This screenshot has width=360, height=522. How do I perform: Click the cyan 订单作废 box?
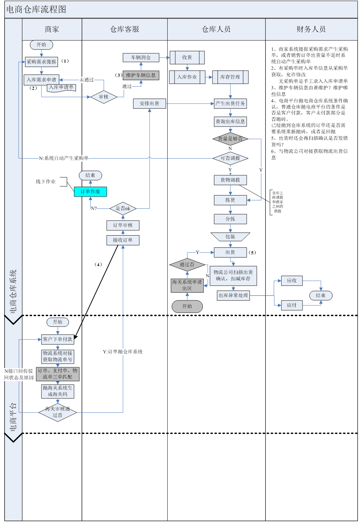(90, 192)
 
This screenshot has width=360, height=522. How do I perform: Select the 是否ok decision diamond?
(123, 208)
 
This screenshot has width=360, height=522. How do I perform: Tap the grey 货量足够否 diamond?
(230, 139)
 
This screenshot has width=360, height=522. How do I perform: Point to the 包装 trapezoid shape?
(230, 237)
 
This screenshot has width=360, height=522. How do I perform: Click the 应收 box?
(292, 281)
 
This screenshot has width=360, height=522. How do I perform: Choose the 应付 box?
(292, 305)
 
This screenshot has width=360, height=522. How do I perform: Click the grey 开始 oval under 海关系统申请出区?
(187, 306)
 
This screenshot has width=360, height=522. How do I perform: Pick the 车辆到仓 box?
(141, 57)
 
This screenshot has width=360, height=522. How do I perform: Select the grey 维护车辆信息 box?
(141, 75)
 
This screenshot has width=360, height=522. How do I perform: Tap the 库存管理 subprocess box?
(230, 77)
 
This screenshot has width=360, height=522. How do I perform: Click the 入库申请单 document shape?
(61, 87)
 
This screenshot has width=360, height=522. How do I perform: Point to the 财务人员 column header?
(311, 29)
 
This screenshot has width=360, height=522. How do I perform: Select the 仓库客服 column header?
(124, 29)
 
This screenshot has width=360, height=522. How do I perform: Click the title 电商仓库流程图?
(36, 9)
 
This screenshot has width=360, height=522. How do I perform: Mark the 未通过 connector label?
(86, 80)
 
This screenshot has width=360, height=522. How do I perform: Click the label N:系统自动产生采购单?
(64, 158)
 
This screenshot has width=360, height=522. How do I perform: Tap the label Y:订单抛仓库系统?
(123, 352)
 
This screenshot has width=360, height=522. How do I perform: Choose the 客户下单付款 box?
(58, 339)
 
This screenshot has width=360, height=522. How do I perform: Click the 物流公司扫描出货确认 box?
(233, 275)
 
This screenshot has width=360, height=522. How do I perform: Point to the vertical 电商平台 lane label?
(13, 417)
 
